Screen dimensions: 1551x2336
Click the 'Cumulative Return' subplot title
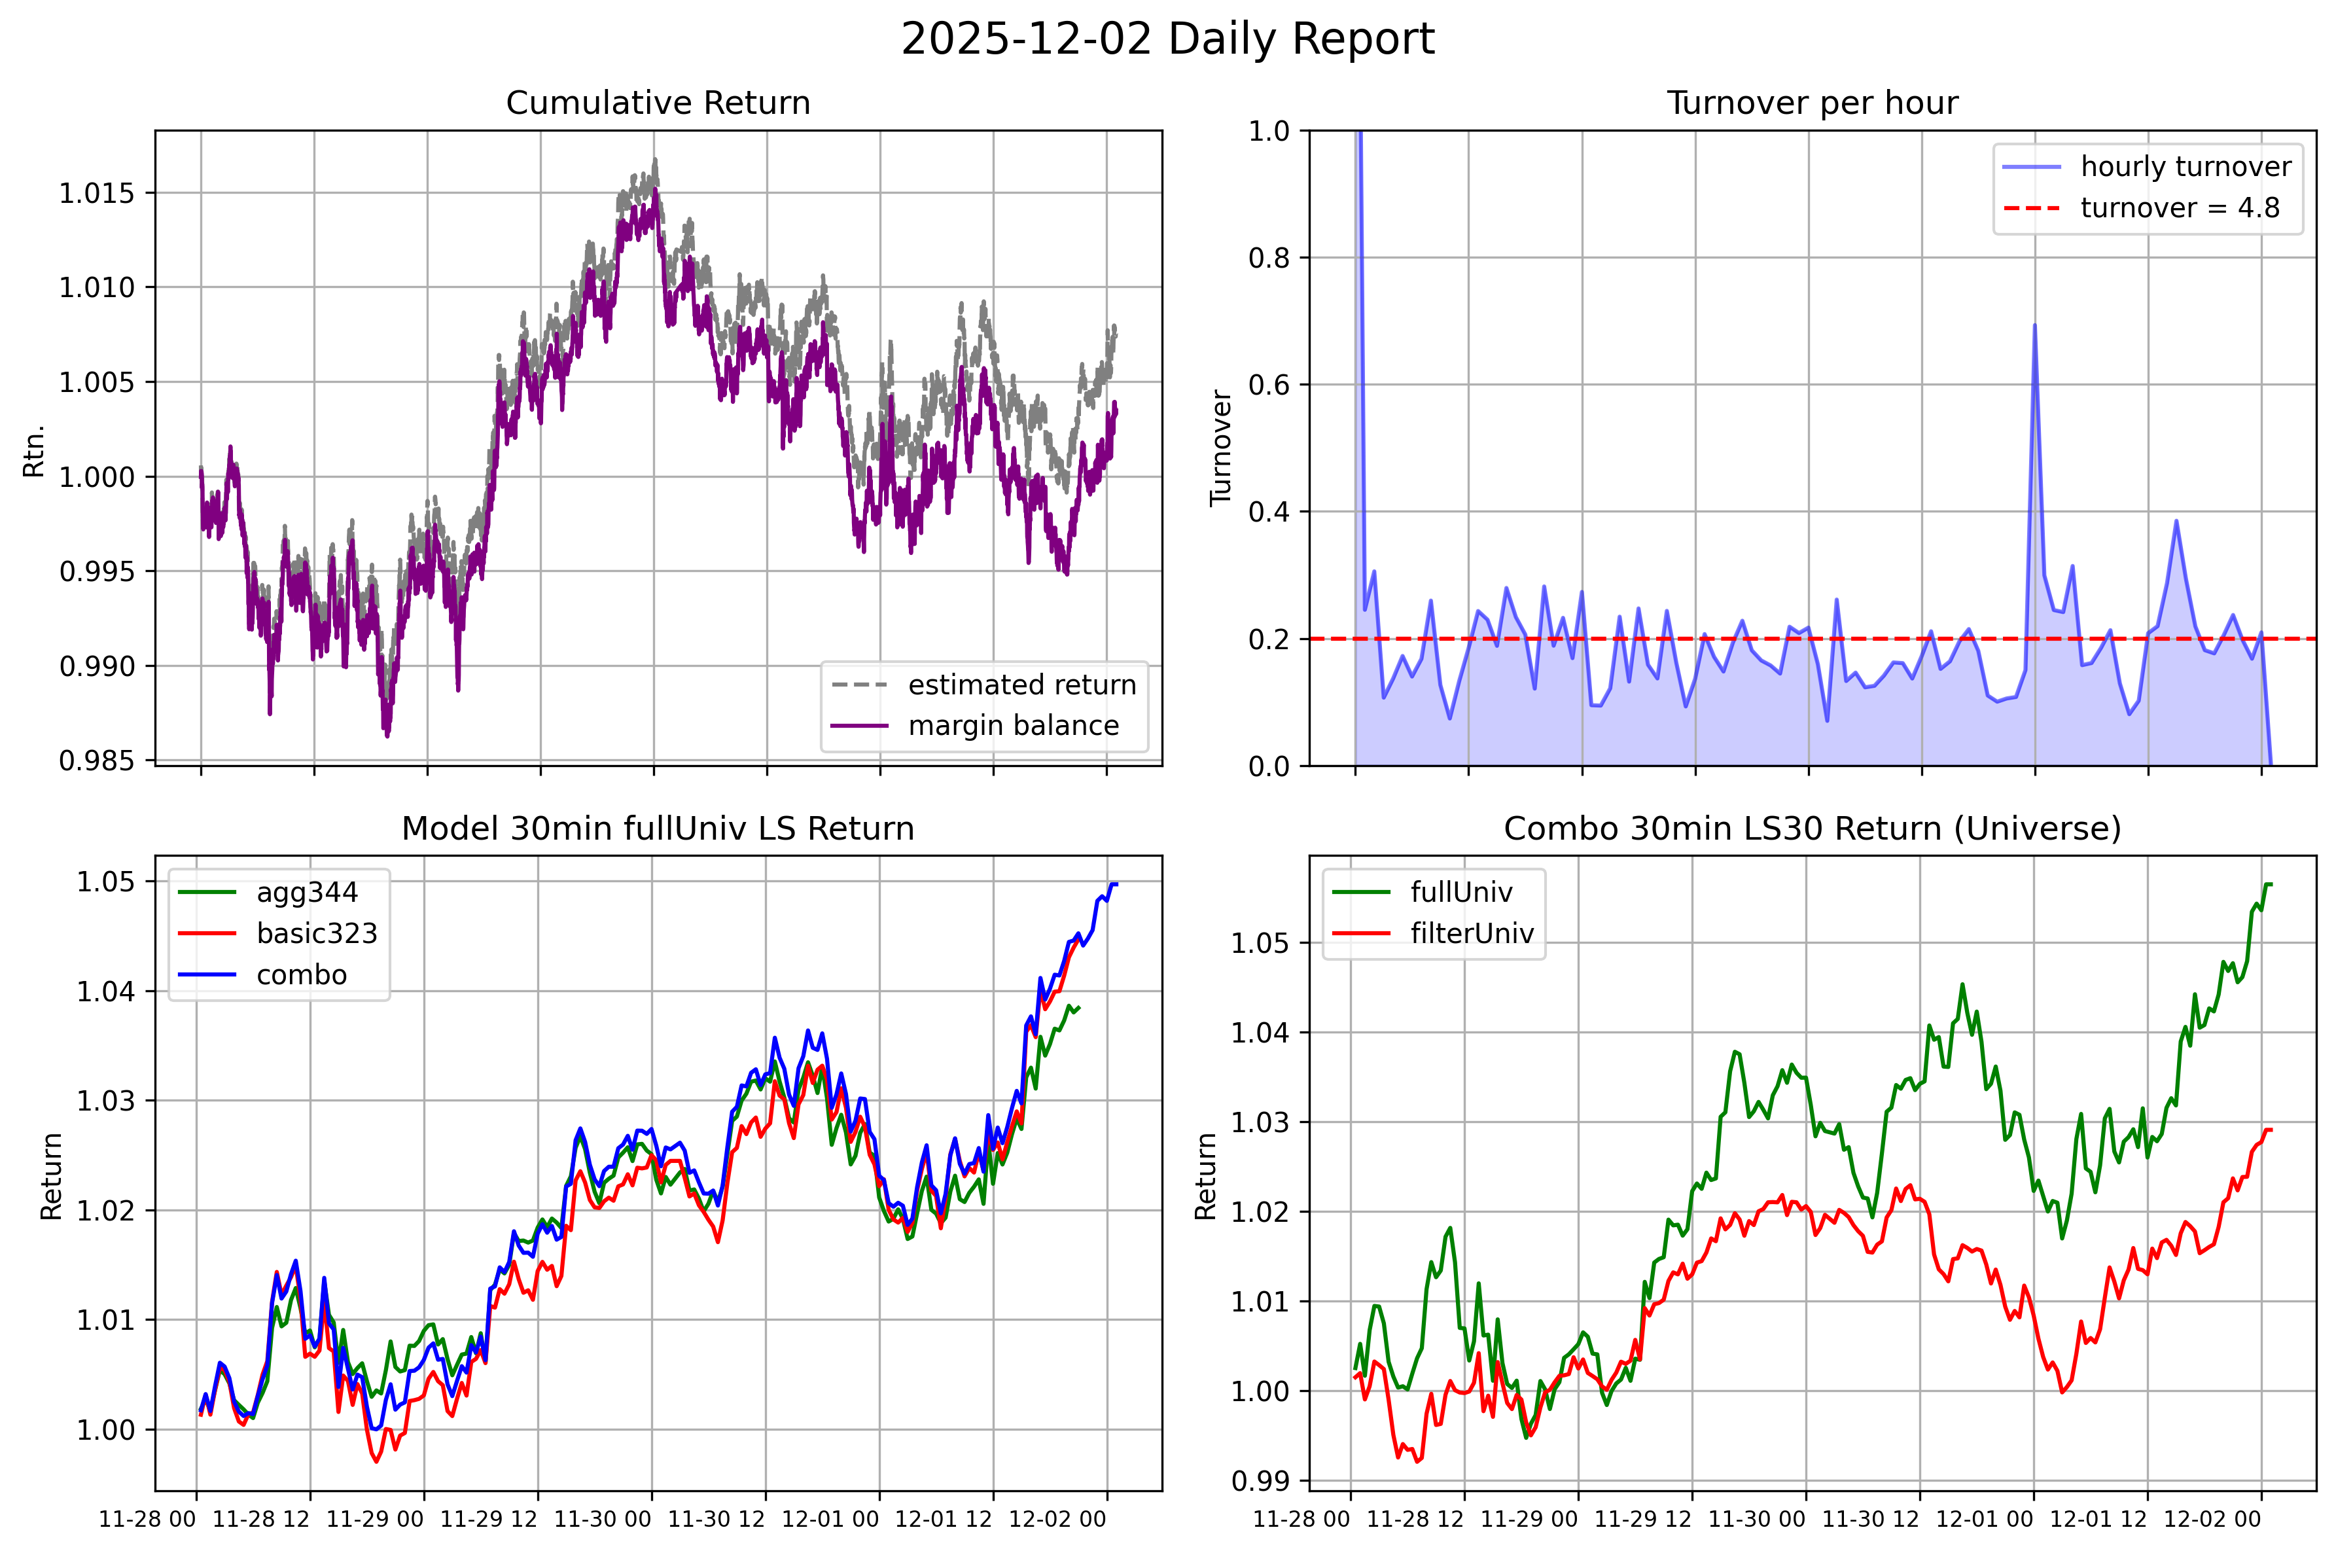click(x=658, y=103)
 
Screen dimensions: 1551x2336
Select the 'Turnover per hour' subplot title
click(x=1812, y=103)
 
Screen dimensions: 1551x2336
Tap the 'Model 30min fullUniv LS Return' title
click(x=658, y=828)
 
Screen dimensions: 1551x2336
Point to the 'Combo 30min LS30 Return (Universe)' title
click(x=1812, y=828)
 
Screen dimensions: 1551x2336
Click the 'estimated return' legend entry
click(x=1021, y=685)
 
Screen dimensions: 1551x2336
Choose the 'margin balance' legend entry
click(x=1013, y=726)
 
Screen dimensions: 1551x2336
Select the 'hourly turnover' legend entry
click(x=2186, y=166)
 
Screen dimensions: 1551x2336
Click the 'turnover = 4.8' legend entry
click(x=2180, y=207)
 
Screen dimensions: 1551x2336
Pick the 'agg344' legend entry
click(x=307, y=892)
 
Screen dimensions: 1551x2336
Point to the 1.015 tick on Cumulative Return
click(x=96, y=193)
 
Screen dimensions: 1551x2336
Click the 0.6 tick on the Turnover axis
click(x=1270, y=385)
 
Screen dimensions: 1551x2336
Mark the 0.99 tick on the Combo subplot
click(x=1260, y=1481)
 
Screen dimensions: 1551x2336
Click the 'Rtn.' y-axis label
click(x=35, y=450)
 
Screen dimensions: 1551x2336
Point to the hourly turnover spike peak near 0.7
click(x=2034, y=325)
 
